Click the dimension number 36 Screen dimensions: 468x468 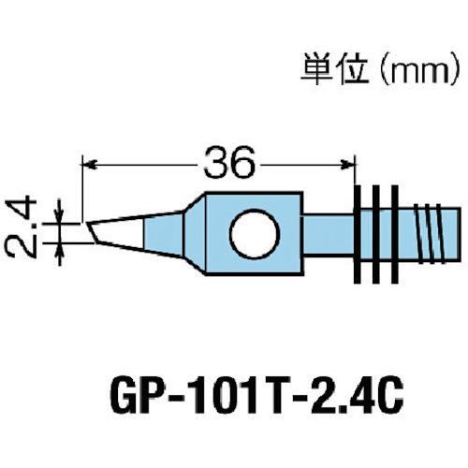coord(227,165)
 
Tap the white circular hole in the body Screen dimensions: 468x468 coord(254,233)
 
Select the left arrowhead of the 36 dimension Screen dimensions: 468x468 coord(92,165)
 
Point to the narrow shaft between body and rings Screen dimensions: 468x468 coord(329,232)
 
